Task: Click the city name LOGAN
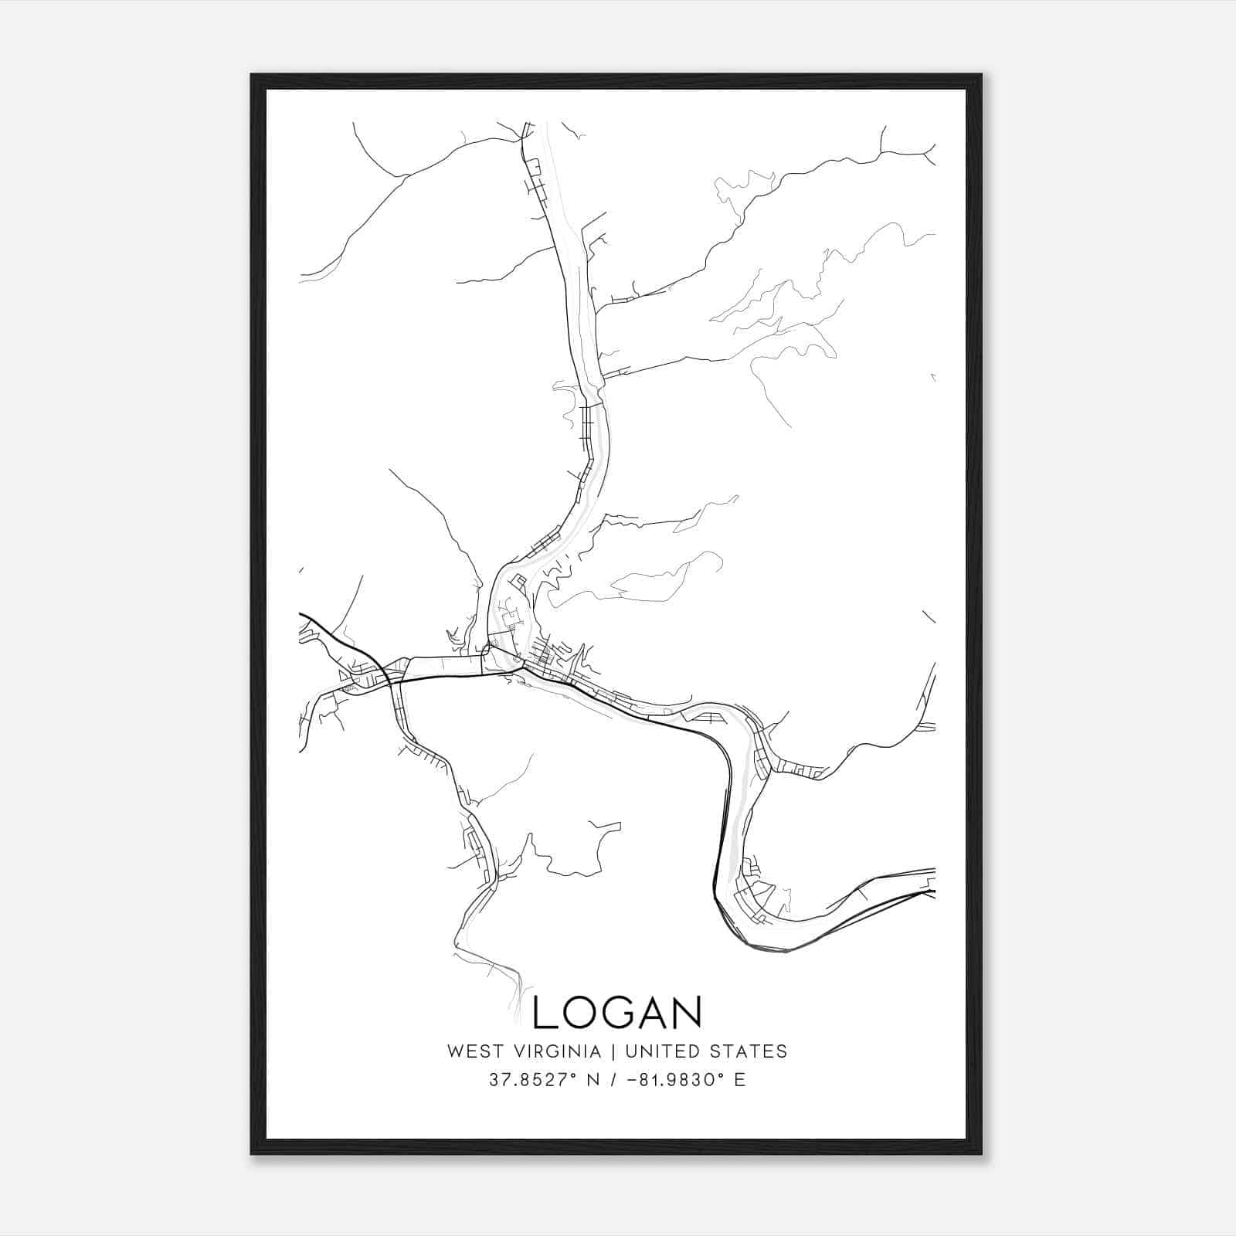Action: [x=617, y=1012]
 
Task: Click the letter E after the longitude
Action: [x=740, y=1080]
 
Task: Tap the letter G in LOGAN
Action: [x=617, y=1012]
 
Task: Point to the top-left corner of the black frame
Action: [x=253, y=76]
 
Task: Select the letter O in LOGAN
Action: [x=581, y=1012]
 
